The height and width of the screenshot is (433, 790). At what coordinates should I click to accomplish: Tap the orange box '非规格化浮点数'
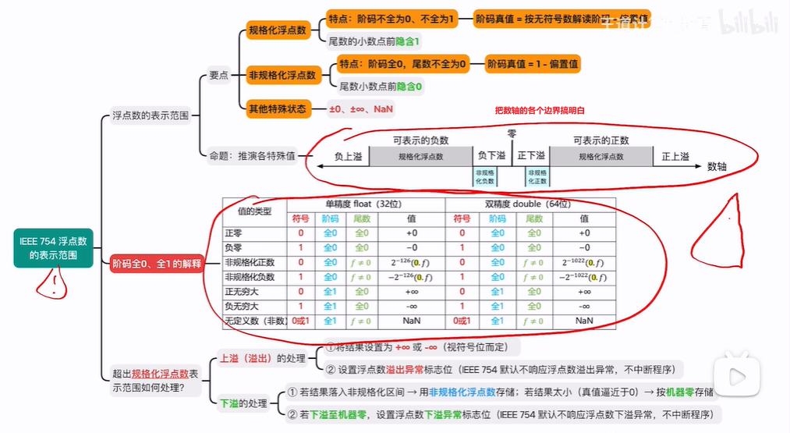coord(282,75)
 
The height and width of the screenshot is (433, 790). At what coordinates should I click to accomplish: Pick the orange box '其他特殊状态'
coord(278,108)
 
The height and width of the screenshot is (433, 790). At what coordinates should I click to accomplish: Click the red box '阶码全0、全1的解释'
coord(157,264)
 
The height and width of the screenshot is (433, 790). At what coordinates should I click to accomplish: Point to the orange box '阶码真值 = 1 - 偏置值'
coord(533,63)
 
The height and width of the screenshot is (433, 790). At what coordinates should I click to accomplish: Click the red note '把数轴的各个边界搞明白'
coord(540,111)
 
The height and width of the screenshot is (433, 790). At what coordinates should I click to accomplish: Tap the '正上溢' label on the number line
coord(675,157)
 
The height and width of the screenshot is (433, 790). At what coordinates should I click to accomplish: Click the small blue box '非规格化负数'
coord(484,176)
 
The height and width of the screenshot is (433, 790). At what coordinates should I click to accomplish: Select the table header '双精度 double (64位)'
coord(530,204)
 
